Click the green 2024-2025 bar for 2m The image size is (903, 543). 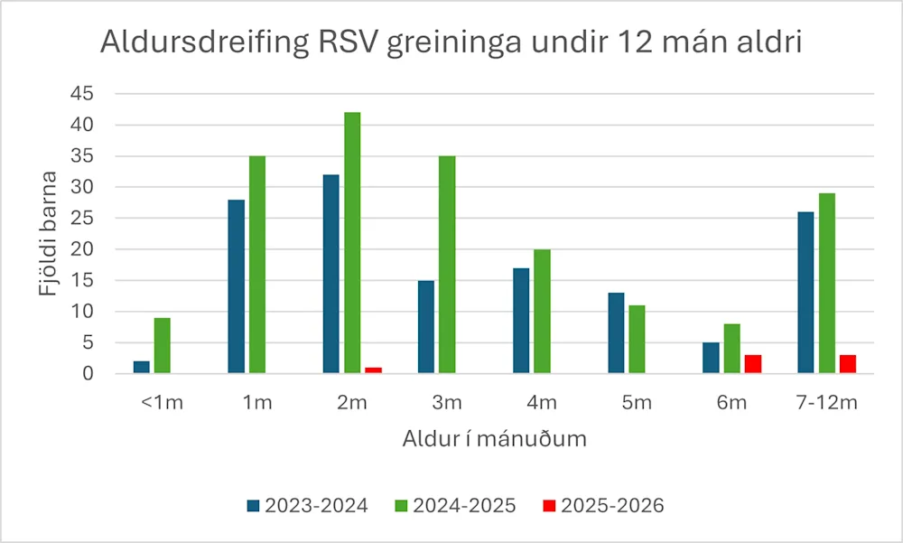tap(351, 242)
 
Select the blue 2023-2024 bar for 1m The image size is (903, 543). tap(236, 286)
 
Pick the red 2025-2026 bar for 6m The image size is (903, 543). tap(753, 364)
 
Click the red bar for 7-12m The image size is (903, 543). tap(847, 364)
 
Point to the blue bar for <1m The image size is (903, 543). tap(142, 367)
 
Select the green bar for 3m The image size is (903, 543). tap(446, 264)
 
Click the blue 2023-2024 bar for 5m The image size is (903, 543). tap(616, 332)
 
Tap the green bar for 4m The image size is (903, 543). tap(541, 311)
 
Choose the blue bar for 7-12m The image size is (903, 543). tap(805, 292)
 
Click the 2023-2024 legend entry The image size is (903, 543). tap(307, 506)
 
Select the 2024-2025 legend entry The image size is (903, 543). tap(455, 506)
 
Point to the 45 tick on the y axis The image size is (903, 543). tap(87, 94)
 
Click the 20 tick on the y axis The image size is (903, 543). tap(87, 249)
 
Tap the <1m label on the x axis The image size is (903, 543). tap(163, 403)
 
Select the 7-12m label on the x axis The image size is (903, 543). tap(826, 403)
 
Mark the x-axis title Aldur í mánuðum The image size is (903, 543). tap(494, 440)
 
